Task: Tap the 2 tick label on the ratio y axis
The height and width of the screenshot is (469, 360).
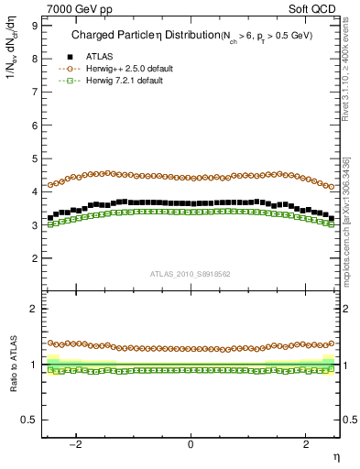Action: [x=34, y=309]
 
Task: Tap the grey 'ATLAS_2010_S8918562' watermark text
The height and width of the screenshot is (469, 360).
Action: [x=190, y=273]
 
